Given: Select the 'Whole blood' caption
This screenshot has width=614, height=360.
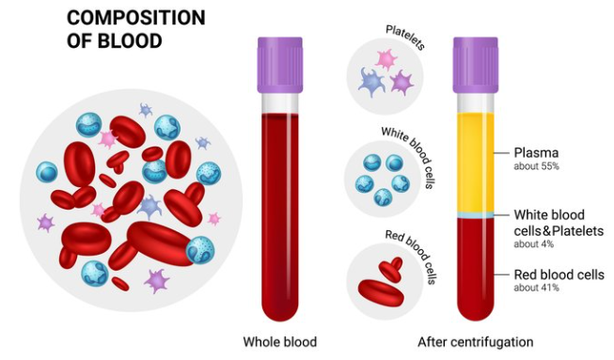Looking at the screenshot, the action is (279, 341).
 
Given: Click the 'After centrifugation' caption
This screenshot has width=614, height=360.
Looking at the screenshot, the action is (476, 341).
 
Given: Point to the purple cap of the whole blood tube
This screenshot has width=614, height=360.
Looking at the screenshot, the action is (280, 64).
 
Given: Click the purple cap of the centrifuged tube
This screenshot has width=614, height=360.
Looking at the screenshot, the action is (475, 64).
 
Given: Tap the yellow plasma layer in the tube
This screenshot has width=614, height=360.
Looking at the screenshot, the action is (475, 160).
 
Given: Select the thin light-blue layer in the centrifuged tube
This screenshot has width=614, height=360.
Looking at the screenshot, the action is (475, 215).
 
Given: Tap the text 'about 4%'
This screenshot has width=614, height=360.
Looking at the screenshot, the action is (534, 243).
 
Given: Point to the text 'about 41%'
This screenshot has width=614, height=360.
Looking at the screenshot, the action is (536, 287).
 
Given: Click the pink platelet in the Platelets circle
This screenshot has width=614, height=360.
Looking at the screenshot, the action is (386, 59).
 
